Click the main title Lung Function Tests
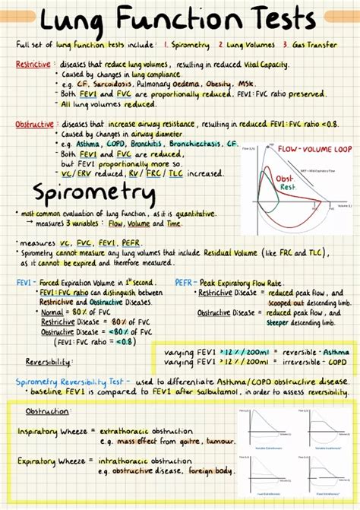pyautogui.click(x=179, y=20)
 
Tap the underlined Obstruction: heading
pyautogui.click(x=48, y=411)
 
